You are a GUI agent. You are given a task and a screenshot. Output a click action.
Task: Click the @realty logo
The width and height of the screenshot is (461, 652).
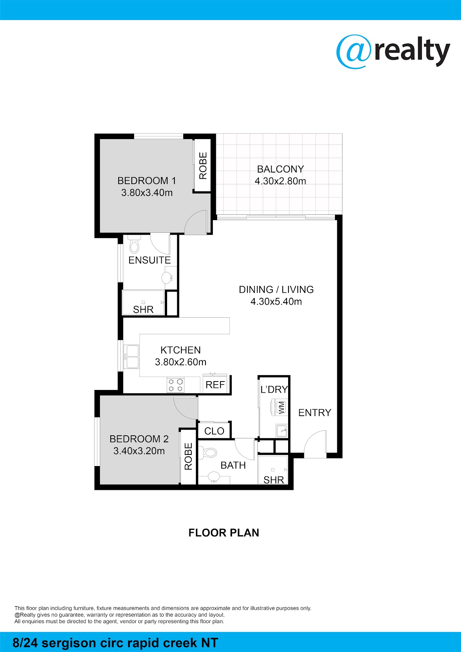(x=393, y=52)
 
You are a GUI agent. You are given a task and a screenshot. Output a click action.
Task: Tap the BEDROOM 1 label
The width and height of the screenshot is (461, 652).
(x=147, y=181)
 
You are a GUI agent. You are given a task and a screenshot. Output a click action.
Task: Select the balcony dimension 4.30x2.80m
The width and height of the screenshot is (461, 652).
(x=280, y=181)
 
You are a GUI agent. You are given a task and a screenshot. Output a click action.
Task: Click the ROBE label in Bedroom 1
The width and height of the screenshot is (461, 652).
(x=203, y=166)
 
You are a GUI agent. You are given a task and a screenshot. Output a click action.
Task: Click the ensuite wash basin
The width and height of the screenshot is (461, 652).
(x=167, y=278)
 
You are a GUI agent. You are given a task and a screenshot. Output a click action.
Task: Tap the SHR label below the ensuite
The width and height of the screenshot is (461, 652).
(x=143, y=309)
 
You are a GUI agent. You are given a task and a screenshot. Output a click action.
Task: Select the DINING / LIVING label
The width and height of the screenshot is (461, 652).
(x=276, y=290)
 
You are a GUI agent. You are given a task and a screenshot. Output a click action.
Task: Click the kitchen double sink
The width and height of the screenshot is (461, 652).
(x=131, y=357)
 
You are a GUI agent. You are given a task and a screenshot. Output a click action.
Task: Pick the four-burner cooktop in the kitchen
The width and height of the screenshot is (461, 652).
(x=176, y=385)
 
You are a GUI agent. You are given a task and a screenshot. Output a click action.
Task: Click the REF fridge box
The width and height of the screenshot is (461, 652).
(x=216, y=385)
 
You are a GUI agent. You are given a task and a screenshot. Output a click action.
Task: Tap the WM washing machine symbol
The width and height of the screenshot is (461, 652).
(x=281, y=408)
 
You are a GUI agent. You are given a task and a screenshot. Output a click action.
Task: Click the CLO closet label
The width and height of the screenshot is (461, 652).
(x=214, y=431)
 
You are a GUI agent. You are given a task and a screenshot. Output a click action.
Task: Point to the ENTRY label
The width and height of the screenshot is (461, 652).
(x=315, y=413)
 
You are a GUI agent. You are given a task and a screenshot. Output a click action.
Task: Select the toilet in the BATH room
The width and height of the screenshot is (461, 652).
(x=209, y=453)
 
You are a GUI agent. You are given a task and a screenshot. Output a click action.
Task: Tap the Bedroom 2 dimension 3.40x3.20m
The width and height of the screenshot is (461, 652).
(x=139, y=451)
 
